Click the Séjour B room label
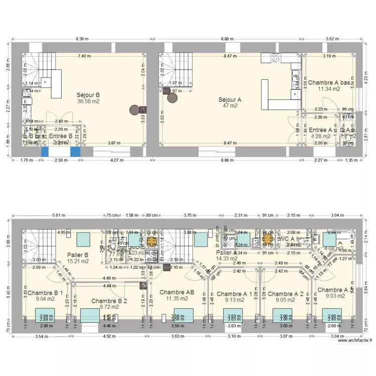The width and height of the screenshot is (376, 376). tap(88, 94)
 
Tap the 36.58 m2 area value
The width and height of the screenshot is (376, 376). tap(88, 101)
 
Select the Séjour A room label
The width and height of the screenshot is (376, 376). tap(230, 99)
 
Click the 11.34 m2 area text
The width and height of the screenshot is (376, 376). tap(328, 89)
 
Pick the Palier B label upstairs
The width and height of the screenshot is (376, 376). tap(77, 255)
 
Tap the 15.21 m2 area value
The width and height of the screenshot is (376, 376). tap(77, 261)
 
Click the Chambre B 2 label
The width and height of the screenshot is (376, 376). tap(109, 301)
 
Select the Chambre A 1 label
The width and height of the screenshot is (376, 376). tap(234, 294)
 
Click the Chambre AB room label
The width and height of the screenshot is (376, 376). tap(176, 292)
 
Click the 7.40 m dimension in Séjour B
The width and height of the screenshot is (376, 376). tap(84, 56)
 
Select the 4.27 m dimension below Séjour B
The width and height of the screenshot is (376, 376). tap(116, 160)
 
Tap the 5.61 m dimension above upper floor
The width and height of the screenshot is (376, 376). tap(59, 216)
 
